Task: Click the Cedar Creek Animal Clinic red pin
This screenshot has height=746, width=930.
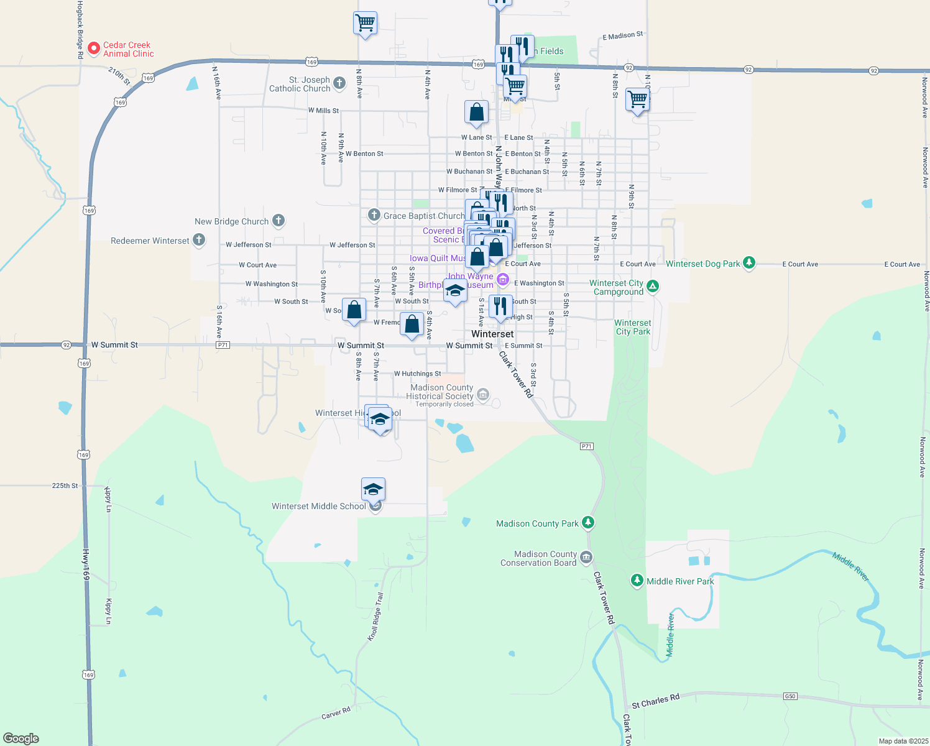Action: [x=94, y=48]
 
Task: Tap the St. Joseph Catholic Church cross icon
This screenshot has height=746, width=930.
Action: [x=339, y=83]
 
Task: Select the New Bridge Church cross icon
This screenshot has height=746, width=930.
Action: [x=279, y=220]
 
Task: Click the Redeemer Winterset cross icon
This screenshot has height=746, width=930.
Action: [x=199, y=239]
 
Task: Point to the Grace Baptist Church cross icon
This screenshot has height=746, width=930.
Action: [x=374, y=215]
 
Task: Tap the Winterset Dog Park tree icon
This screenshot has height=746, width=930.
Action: [x=749, y=263]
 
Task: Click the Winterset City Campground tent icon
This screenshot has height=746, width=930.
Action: [x=652, y=286]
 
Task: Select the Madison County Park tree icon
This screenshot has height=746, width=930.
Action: [x=588, y=523]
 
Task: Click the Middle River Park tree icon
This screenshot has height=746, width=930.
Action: [x=637, y=581]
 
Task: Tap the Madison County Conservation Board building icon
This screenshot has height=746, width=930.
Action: [x=586, y=558]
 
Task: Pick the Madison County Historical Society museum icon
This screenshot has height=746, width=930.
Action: [x=483, y=394]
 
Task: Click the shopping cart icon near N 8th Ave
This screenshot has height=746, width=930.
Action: [x=365, y=24]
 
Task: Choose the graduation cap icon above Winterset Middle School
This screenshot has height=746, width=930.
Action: [x=373, y=489]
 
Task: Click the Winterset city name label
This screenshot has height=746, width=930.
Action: [x=492, y=334]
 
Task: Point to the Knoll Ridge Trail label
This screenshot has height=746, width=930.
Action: [x=375, y=617]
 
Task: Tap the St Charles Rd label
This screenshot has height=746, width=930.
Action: [x=655, y=701]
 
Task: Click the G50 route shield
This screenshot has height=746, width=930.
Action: [x=790, y=696]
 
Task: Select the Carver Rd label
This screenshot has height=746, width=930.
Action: [x=336, y=713]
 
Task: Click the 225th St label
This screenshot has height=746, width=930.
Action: [x=65, y=486]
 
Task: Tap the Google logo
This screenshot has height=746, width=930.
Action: [x=21, y=738]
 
